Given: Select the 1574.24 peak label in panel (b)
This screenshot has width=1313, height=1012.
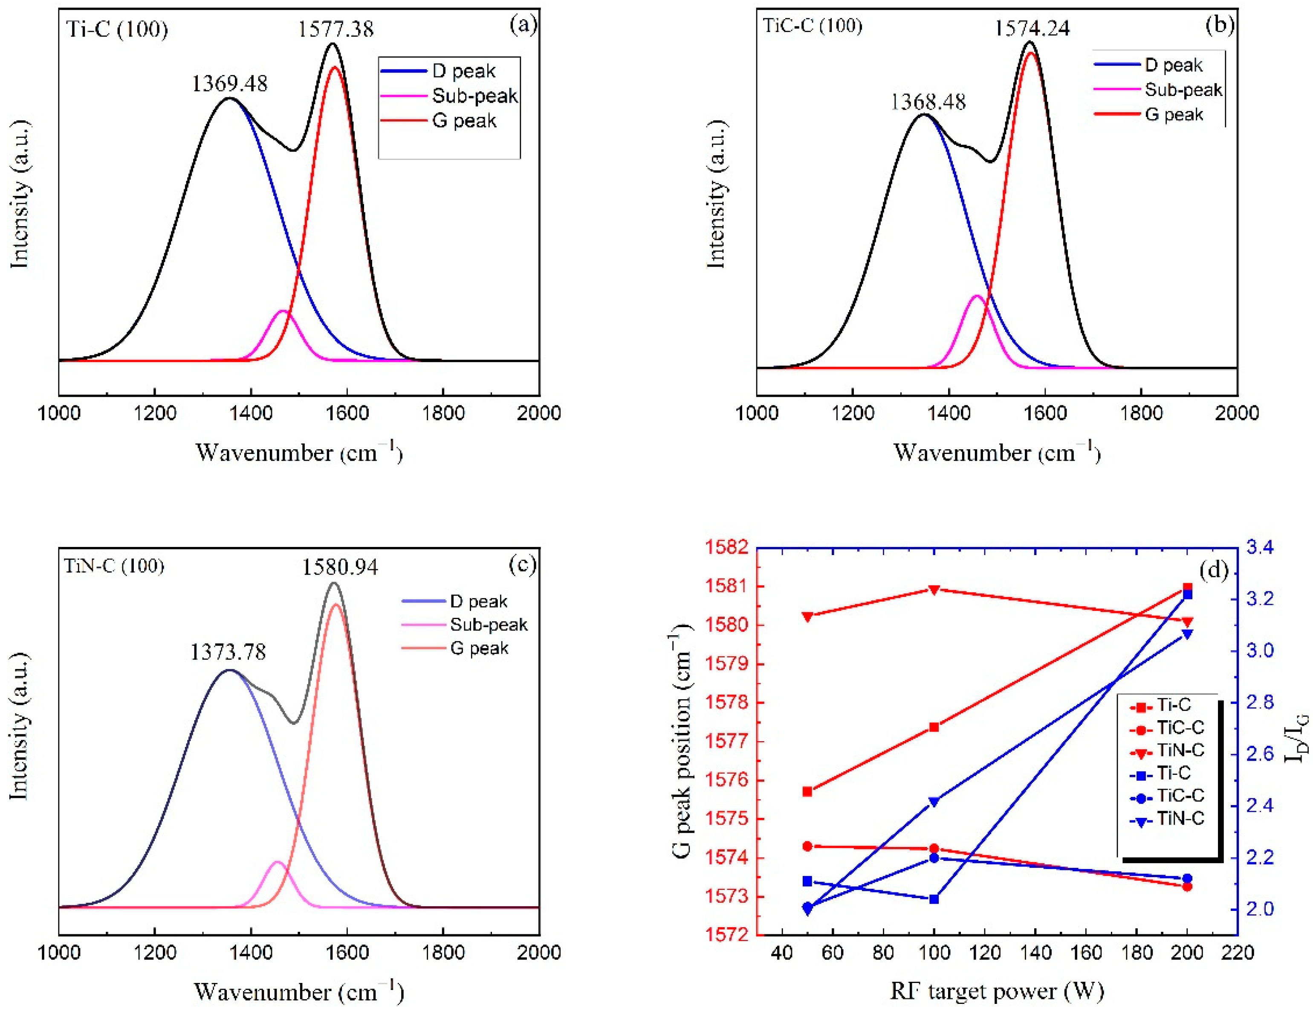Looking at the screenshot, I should [1032, 28].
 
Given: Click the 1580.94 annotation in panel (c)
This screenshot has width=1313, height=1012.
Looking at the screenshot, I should [340, 567].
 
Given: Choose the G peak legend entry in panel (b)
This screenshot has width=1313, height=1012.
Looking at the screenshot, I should [1174, 114].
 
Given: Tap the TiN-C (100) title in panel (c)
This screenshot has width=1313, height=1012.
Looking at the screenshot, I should [114, 566].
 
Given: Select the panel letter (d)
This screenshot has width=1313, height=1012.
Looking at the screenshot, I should [1213, 569].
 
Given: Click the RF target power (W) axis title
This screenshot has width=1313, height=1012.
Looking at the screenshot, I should [997, 990].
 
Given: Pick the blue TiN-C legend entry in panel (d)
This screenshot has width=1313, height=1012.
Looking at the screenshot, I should [1180, 818].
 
